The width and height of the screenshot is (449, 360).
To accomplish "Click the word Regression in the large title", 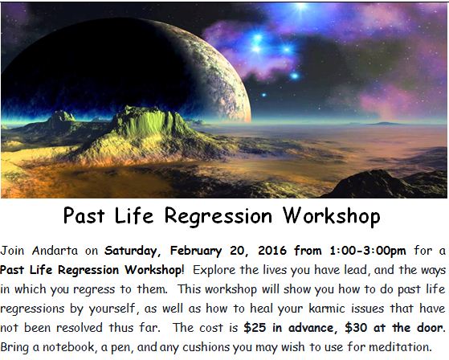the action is click(x=218, y=216).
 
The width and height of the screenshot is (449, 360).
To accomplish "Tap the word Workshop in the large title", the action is click(x=332, y=216).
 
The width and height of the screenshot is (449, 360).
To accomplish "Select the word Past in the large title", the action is click(x=84, y=215).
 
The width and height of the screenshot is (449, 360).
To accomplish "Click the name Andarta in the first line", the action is click(x=55, y=251).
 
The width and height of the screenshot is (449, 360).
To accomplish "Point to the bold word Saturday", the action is click(x=131, y=252).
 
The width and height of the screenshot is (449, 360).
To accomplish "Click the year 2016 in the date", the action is click(x=272, y=251).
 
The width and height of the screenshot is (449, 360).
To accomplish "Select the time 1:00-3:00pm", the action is click(x=368, y=251).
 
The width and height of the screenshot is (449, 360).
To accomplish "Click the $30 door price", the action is click(x=356, y=328).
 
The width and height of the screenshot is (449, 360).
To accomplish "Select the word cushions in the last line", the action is click(x=206, y=347).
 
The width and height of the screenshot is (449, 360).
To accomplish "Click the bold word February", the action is click(x=196, y=252).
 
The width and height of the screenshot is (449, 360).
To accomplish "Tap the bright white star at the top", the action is click(x=301, y=6).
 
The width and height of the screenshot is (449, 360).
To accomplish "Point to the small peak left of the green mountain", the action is click(x=62, y=116).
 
